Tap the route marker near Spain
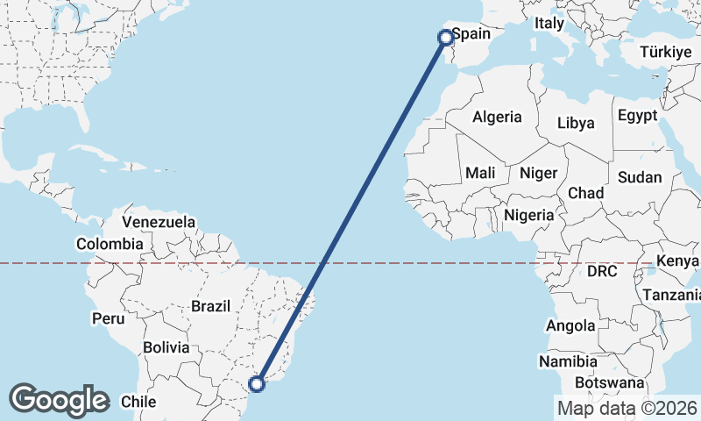(445, 37)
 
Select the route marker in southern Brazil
(257, 383)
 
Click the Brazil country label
(210, 307)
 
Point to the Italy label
(549, 24)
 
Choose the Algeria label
(497, 117)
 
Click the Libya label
(575, 123)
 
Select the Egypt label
(637, 116)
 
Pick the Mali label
(480, 173)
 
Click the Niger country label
(538, 173)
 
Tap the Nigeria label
(529, 215)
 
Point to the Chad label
(586, 193)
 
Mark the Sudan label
(640, 177)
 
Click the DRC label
(602, 272)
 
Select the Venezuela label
(159, 222)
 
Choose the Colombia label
(110, 244)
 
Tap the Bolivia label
(166, 347)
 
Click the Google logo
(59, 400)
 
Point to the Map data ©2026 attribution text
(627, 408)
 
